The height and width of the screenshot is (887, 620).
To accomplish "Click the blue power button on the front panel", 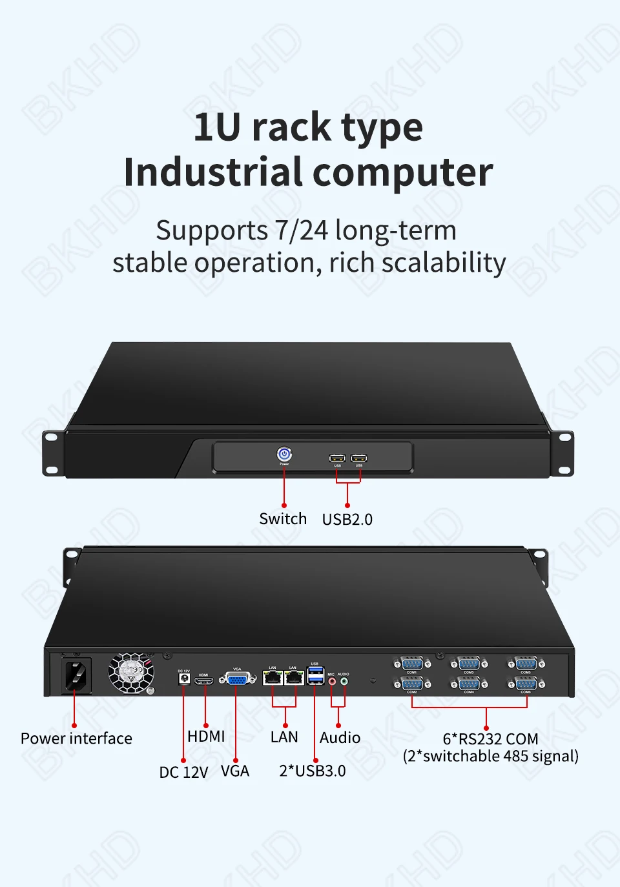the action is click(284, 454).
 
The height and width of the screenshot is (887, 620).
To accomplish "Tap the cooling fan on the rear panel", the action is click(132, 672).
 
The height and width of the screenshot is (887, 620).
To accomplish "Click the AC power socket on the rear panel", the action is click(76, 675).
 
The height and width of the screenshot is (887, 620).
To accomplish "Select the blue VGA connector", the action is click(237, 679).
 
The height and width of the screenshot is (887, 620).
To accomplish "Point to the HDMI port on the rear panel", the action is click(204, 680).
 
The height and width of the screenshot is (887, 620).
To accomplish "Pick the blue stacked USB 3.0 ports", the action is click(315, 676).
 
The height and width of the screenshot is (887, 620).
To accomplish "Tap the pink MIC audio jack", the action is click(332, 680).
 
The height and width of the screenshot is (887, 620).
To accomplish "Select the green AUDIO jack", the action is click(344, 680).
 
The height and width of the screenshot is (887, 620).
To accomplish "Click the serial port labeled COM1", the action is click(411, 664).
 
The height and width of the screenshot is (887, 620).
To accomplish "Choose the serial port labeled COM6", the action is click(526, 684).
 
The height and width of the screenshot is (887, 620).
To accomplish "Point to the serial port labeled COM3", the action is click(469, 664).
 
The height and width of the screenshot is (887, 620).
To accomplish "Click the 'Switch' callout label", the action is click(283, 519).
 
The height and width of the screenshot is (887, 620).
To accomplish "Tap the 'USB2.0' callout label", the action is click(347, 520).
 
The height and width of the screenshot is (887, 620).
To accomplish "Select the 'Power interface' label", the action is click(76, 739).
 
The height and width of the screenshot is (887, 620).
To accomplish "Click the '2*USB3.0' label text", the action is click(313, 771).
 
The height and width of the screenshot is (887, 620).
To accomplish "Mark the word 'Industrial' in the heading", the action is click(213, 173).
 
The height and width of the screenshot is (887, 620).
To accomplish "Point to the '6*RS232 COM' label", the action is click(490, 739).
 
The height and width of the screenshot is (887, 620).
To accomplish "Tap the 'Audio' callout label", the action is click(340, 738).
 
